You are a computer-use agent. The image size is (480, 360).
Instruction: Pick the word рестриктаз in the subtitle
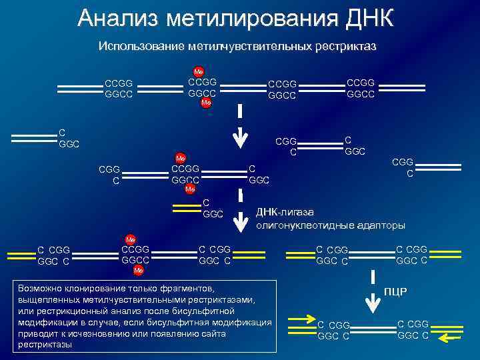[x=345, y=47]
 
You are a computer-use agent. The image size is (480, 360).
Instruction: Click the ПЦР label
[x=396, y=292]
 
